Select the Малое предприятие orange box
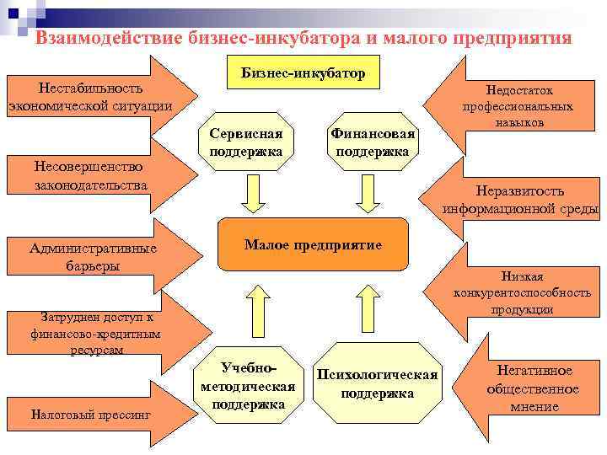click(313, 245)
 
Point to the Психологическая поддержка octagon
click(377, 384)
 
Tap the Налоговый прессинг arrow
click(93, 415)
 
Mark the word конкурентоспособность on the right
click(522, 292)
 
